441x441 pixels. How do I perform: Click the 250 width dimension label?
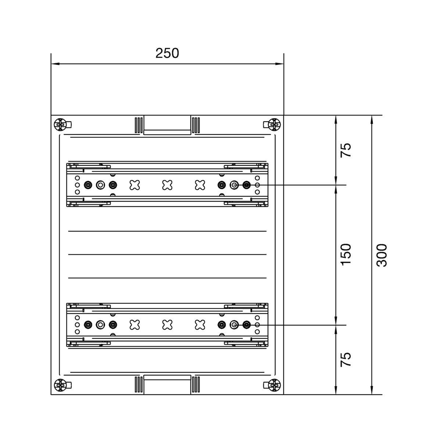click(167, 53)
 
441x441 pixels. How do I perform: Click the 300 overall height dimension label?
click(382, 255)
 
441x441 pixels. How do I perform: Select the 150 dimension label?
click(346, 255)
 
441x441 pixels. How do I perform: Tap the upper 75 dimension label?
click(346, 150)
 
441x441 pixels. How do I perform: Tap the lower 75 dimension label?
click(346, 359)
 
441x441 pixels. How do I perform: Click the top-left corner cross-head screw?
click(60, 125)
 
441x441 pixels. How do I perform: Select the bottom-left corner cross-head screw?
click(60, 385)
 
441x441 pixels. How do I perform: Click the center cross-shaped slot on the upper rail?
click(167, 185)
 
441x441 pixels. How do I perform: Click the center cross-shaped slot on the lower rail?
click(167, 325)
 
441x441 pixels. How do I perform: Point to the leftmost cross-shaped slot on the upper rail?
click(135, 185)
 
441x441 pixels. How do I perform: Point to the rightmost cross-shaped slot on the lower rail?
click(200, 325)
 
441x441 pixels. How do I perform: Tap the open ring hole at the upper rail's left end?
click(100, 185)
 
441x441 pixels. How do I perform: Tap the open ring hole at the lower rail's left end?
click(100, 325)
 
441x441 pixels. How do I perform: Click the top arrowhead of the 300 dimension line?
click(372, 120)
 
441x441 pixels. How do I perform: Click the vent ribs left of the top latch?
click(139, 125)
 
